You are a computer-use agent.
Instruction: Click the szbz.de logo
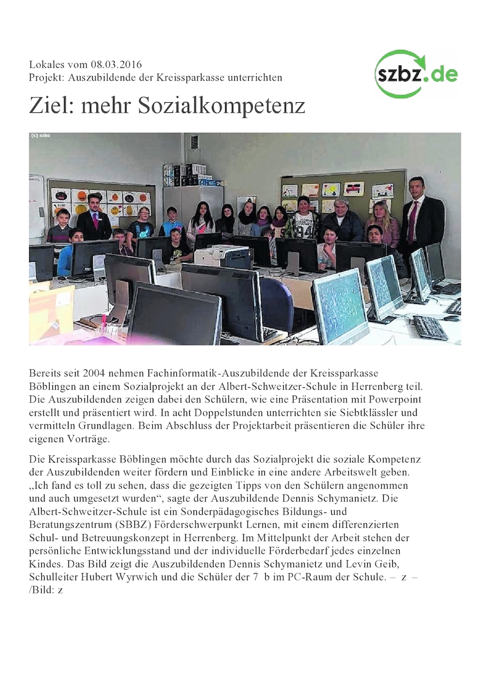point(416,74)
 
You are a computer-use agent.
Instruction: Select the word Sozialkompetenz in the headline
point(222,106)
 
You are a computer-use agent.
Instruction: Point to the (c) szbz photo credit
point(41,136)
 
